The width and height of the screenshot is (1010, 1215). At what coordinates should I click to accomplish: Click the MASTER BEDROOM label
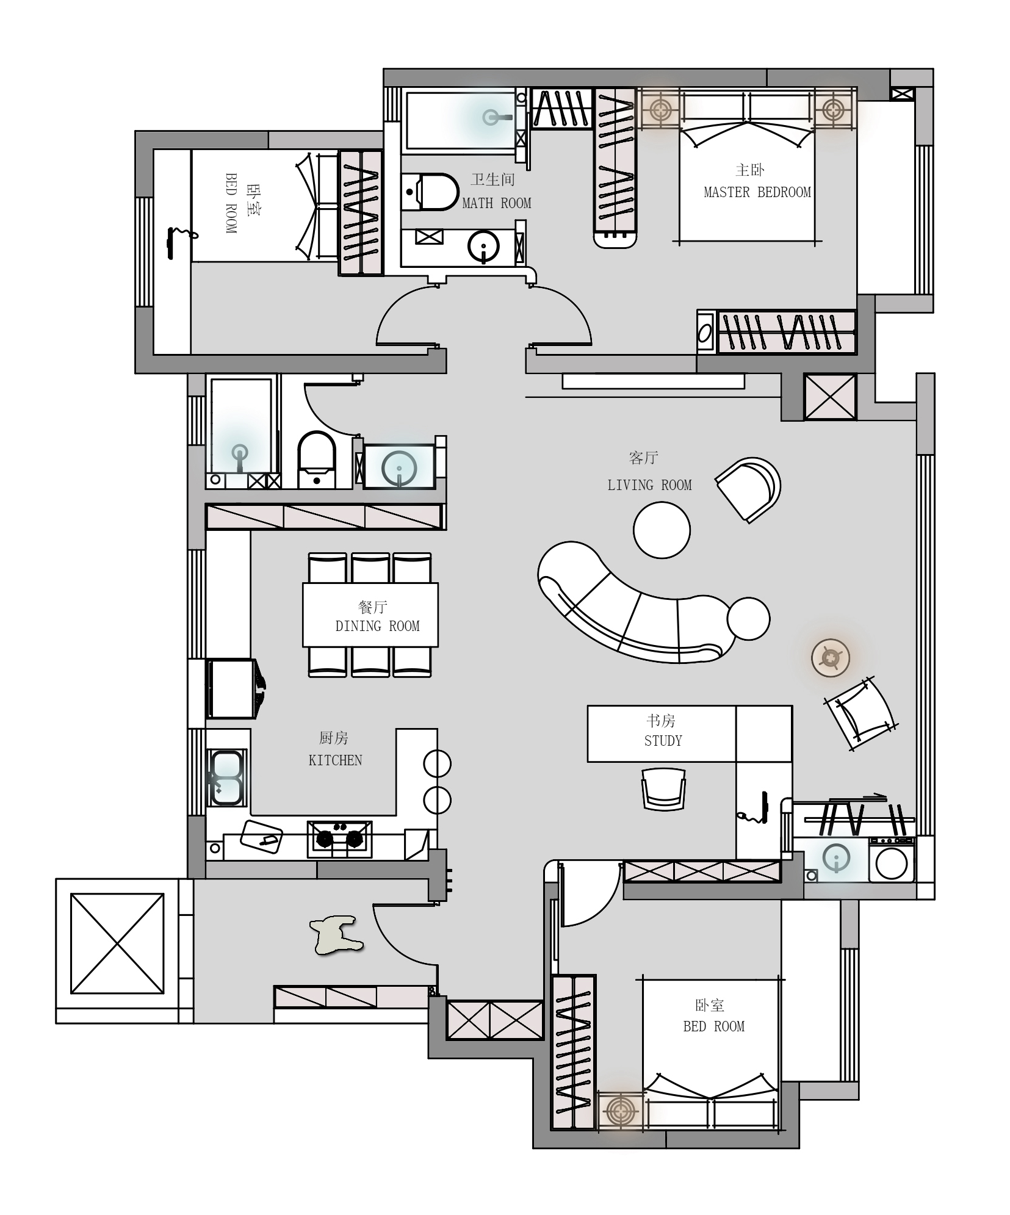pyautogui.click(x=757, y=192)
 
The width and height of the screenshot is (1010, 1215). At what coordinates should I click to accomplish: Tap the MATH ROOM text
pyautogui.click(x=496, y=203)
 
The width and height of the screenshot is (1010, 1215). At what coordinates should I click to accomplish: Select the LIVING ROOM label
pyautogui.click(x=649, y=485)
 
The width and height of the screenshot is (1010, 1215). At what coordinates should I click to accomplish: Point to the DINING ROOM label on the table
pyautogui.click(x=377, y=626)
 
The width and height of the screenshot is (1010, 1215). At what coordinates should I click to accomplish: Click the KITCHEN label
pyautogui.click(x=335, y=760)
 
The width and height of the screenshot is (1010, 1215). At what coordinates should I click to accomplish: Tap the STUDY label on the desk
pyautogui.click(x=663, y=741)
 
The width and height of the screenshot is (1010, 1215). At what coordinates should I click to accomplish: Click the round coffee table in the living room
pyautogui.click(x=662, y=530)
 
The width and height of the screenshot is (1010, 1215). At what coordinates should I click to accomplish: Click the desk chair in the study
pyautogui.click(x=663, y=789)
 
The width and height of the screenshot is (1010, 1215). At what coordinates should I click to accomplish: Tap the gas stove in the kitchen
pyautogui.click(x=339, y=839)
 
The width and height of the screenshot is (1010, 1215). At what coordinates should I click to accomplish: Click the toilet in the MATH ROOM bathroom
pyautogui.click(x=430, y=192)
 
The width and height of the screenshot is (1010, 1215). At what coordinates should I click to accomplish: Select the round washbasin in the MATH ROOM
pyautogui.click(x=483, y=247)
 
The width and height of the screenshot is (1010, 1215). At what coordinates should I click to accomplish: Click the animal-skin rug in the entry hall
pyautogui.click(x=336, y=934)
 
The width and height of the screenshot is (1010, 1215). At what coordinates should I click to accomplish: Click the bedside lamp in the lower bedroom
pyautogui.click(x=620, y=1109)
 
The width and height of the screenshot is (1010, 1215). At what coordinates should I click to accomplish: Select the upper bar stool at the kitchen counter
pyautogui.click(x=437, y=763)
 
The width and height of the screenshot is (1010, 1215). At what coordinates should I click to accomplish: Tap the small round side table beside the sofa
pyautogui.click(x=748, y=619)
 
